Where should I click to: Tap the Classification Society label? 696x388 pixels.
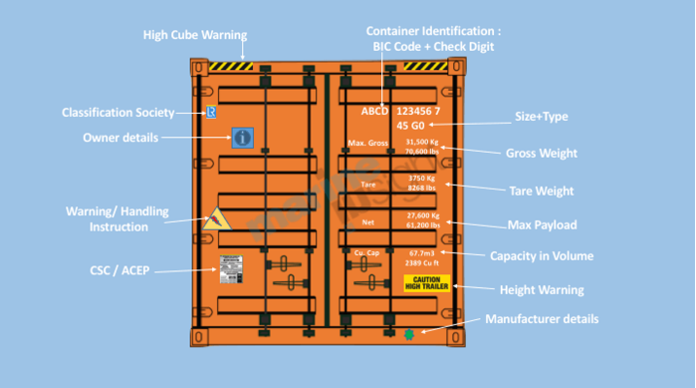click(x=118, y=113)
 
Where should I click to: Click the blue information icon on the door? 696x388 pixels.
click(x=243, y=138)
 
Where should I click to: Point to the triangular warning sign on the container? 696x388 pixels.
click(x=213, y=220)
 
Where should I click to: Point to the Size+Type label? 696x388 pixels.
click(x=542, y=117)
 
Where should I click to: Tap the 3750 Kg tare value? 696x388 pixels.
click(x=422, y=179)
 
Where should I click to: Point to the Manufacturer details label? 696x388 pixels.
click(x=542, y=319)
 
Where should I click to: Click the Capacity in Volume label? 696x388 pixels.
click(x=542, y=256)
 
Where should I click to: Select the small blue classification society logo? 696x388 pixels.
click(x=210, y=113)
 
